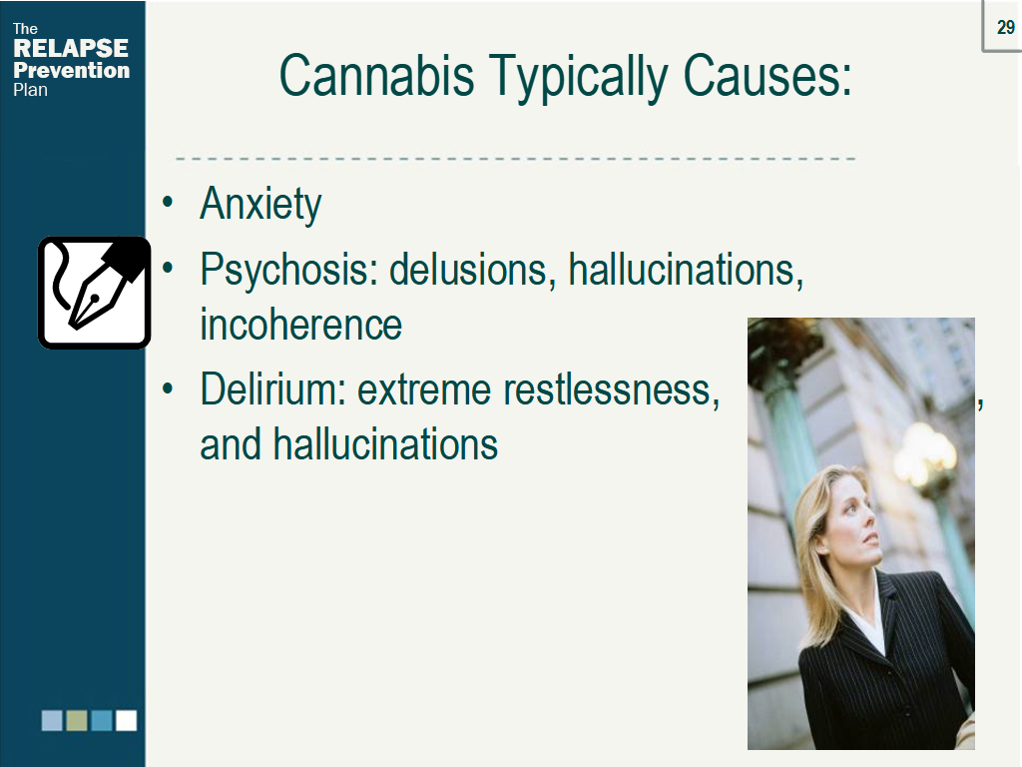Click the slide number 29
(1005, 28)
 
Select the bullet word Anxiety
(260, 205)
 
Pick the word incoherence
(300, 325)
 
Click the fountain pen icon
(95, 292)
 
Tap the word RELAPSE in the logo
(70, 49)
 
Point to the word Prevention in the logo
(71, 71)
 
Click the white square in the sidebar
(126, 720)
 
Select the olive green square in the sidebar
(77, 720)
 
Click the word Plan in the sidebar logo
(30, 90)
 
